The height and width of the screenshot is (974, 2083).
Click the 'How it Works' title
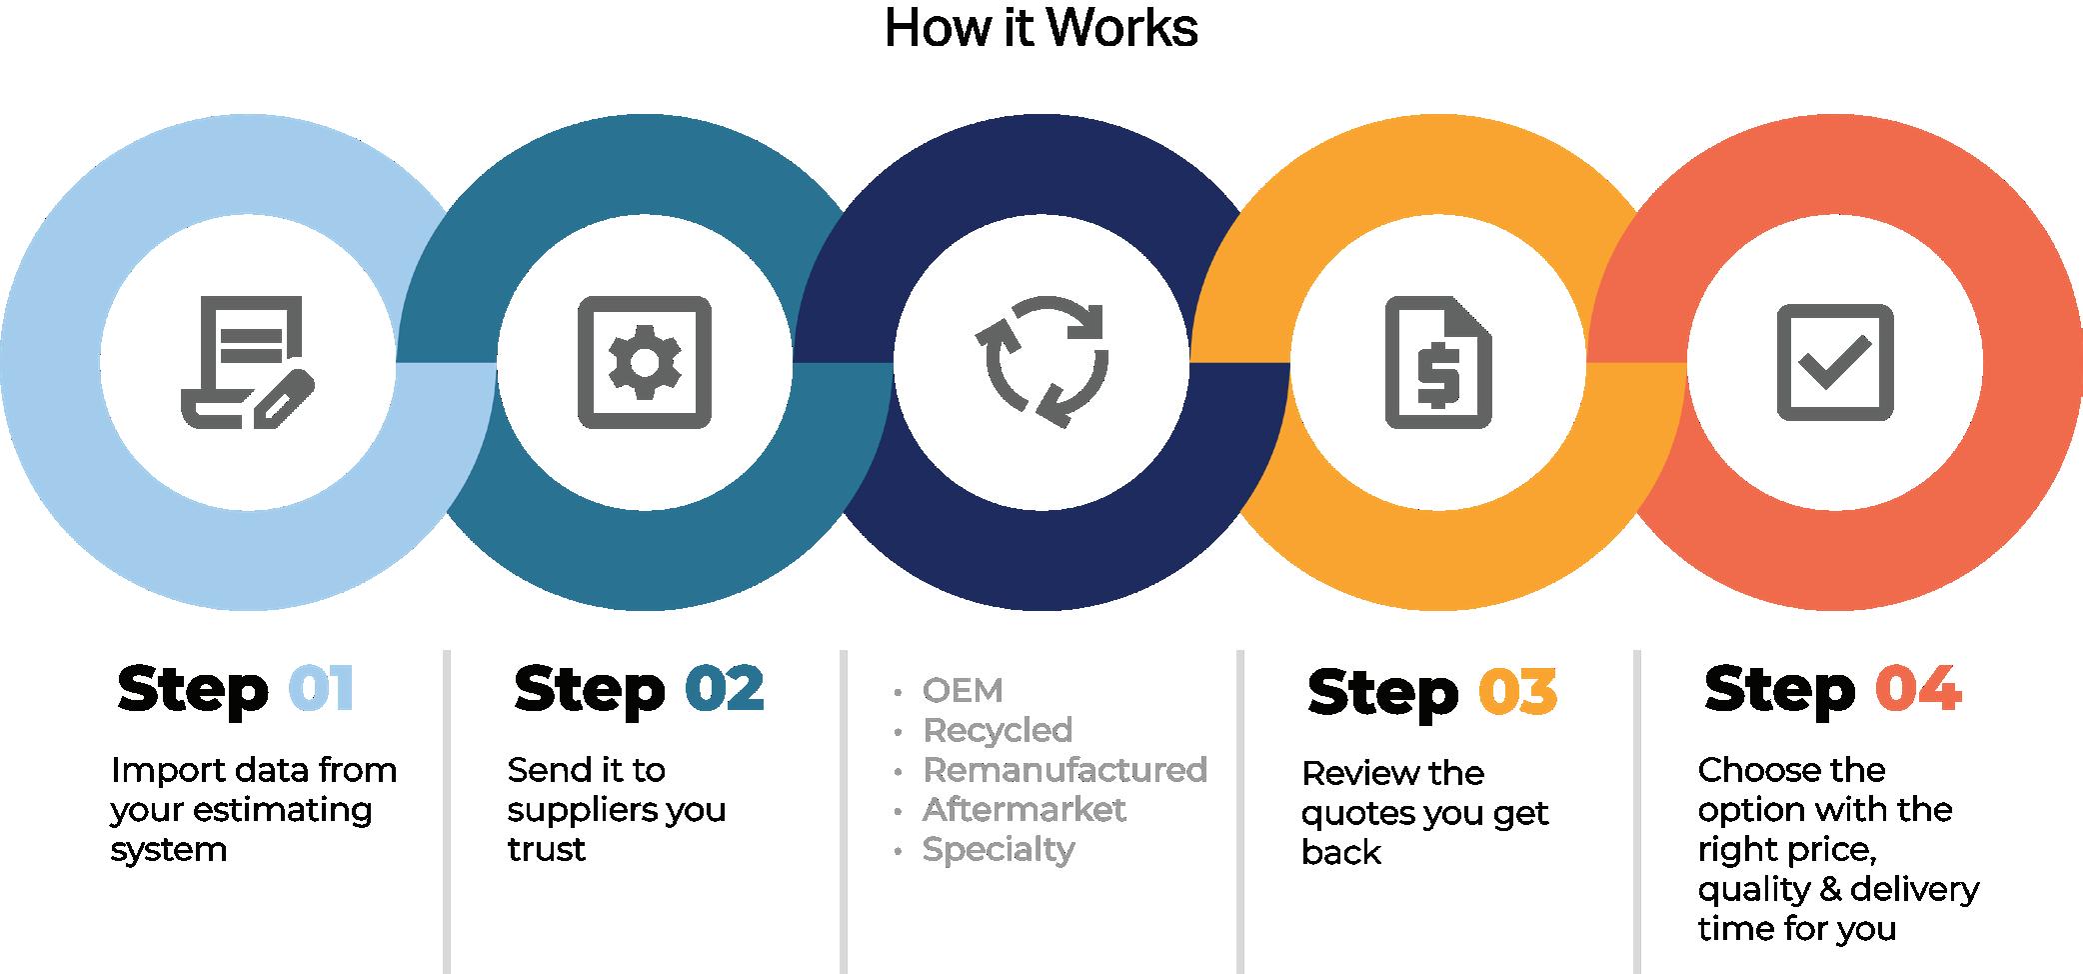1041,28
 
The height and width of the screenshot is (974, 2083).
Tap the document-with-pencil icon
247,361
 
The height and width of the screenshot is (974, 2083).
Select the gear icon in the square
645,361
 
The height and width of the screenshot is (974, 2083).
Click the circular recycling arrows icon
1041,361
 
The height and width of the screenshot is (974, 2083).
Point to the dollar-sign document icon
1437,361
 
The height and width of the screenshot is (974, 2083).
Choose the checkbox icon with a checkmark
1834,361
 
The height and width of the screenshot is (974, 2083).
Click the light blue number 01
321,689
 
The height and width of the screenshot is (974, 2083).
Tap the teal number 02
725,689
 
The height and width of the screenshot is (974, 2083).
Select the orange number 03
1517,692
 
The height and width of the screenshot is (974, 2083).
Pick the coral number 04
1918,689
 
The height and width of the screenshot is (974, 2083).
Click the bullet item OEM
963,690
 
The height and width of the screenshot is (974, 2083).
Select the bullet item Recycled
998,730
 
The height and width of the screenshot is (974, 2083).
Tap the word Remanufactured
1064,770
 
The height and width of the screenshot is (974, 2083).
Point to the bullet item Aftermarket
1024,809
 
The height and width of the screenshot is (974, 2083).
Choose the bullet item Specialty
999,850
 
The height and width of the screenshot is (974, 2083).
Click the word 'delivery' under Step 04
1914,889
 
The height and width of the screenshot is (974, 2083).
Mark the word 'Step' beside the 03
1382,692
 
